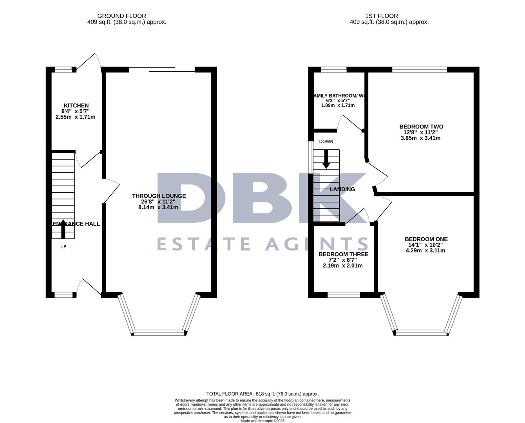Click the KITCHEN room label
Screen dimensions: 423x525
76,105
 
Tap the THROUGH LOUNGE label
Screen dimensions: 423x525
159,196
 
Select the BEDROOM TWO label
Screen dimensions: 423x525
421,127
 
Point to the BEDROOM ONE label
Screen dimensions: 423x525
426,239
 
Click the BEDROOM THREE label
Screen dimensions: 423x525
343,254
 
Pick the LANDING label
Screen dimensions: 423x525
342,189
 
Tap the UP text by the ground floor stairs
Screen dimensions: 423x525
63,247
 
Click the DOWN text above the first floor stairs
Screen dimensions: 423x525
326,141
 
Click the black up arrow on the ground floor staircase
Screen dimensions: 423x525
63,229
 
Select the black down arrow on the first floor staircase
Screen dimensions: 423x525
326,159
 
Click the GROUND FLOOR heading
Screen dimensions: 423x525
121,16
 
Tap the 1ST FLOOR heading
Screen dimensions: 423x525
381,16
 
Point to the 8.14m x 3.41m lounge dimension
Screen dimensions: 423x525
158,207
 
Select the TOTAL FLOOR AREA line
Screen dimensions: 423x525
262,394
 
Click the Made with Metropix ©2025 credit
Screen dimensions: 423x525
262,421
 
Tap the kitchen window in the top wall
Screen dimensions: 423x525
63,70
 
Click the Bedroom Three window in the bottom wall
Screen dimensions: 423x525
344,295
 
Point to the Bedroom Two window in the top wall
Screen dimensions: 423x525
419,70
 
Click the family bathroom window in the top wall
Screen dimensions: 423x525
333,70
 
